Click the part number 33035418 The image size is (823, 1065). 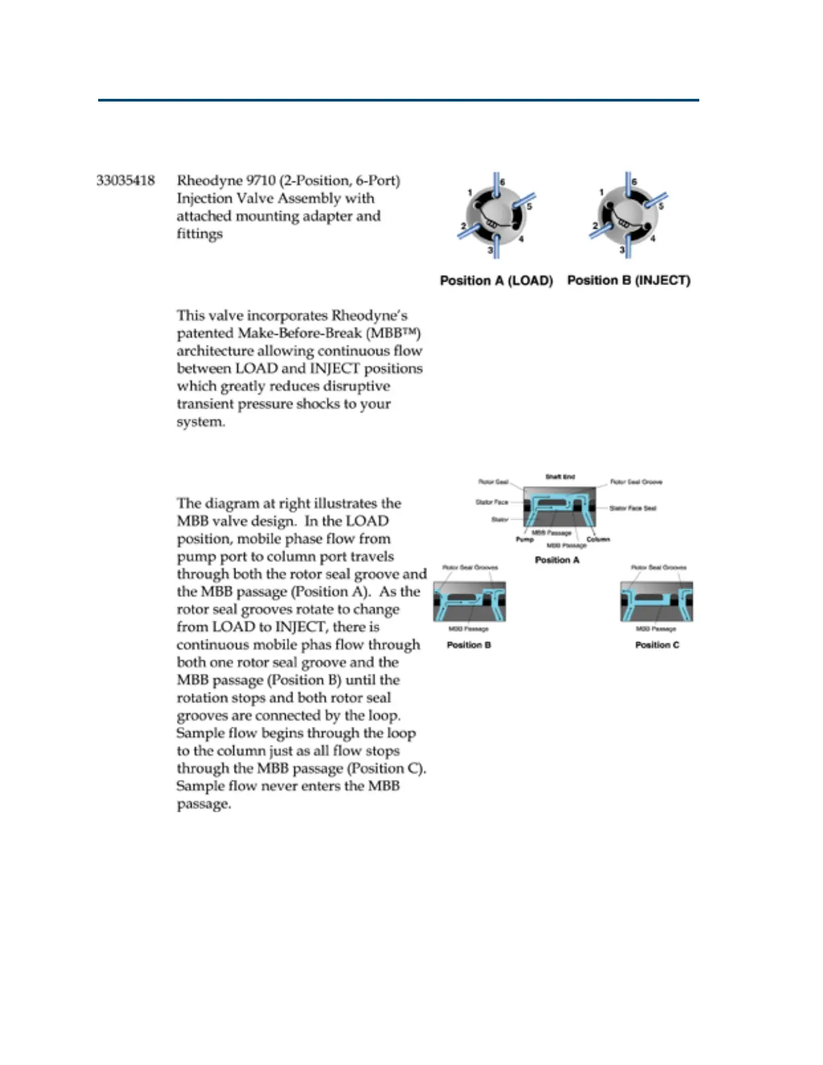coord(126,180)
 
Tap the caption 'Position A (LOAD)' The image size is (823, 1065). coord(496,280)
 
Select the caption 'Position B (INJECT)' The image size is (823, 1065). coord(629,280)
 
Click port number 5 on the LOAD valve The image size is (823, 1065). coord(529,207)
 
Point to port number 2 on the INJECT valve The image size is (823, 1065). coord(595,226)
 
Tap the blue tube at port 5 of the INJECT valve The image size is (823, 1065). coord(656,199)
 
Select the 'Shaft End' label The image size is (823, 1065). coord(559,477)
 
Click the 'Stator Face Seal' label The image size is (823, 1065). coord(633,508)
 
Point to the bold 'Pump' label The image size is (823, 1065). coord(524,539)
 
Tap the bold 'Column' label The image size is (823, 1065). coord(598,539)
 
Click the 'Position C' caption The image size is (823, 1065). coord(657,645)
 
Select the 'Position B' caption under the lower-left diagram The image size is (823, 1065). coord(469,645)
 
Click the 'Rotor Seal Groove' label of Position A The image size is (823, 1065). coord(636,482)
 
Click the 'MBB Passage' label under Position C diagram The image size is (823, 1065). coord(656,629)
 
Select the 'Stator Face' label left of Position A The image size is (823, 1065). coord(492,502)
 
